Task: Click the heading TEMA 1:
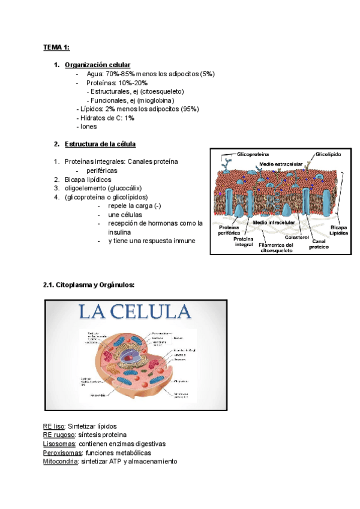coord(56,47)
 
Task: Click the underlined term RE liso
coord(53,426)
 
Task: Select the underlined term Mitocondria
coord(61,462)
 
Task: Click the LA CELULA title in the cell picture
coord(133,312)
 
